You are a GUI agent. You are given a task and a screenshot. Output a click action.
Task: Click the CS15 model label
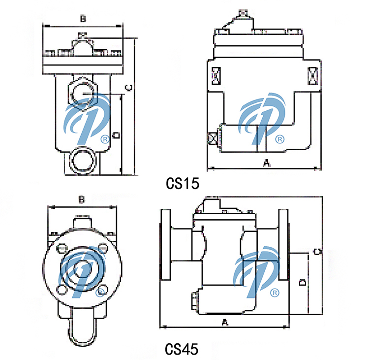pos(182,184)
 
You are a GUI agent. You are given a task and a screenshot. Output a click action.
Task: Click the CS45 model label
pos(182,349)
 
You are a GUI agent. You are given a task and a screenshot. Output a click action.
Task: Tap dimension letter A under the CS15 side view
pos(266,163)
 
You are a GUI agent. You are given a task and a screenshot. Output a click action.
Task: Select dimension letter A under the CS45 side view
pos(225,323)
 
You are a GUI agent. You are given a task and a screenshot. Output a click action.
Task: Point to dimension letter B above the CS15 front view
pos(83,19)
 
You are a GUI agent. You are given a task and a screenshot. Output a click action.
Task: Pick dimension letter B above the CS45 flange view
pos(82,199)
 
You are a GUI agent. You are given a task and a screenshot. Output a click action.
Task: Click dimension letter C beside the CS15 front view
pos(128,88)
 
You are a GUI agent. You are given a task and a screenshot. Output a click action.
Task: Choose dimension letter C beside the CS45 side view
pos(318,251)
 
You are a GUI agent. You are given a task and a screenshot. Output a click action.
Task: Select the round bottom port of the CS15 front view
pos(83,161)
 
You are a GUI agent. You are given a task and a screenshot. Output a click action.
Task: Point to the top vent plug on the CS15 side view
pos(242,15)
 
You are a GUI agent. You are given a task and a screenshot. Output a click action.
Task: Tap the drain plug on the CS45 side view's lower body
pos(193,300)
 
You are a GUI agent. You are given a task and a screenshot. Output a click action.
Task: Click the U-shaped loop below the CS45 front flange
pos(82,330)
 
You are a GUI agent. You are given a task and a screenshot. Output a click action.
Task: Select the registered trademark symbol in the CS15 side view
pos(280,139)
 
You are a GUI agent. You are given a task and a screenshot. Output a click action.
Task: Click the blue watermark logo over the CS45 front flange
pos(82,271)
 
